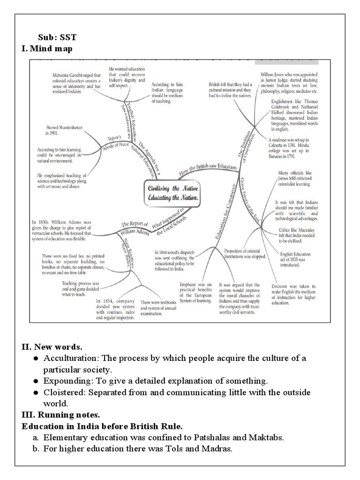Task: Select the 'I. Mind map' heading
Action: coord(47,48)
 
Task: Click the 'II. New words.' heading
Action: coord(52,347)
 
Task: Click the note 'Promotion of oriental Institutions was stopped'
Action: coord(245,254)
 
